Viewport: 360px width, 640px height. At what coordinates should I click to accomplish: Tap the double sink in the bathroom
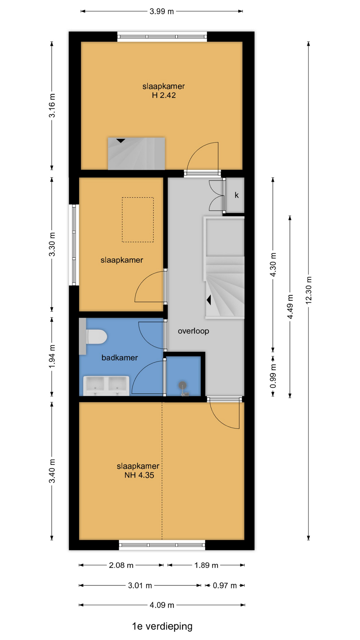[106, 385]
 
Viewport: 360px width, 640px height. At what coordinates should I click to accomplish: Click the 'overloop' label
[193, 331]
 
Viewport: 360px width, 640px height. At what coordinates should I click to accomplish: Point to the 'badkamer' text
[120, 358]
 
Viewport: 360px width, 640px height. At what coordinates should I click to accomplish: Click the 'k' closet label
[237, 195]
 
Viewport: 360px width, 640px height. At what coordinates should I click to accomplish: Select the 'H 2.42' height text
[164, 95]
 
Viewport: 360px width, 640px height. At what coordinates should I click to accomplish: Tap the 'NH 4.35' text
[139, 475]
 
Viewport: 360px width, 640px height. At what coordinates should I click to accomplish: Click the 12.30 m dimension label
[309, 290]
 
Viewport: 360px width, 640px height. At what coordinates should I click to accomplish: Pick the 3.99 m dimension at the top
[162, 11]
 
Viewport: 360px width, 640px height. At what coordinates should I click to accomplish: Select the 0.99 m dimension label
[273, 376]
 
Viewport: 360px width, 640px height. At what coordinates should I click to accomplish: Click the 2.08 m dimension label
[121, 565]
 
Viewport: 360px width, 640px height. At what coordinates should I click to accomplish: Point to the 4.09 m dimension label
[162, 605]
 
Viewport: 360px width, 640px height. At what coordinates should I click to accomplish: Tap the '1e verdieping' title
[162, 626]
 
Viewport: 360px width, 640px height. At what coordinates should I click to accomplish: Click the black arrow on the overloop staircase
[209, 300]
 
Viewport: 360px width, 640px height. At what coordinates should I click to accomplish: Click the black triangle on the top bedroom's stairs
[121, 141]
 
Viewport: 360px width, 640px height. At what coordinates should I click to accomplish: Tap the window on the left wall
[74, 245]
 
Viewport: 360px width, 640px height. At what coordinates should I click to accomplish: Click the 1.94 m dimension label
[52, 357]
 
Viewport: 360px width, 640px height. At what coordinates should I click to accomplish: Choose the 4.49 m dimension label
[290, 307]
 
